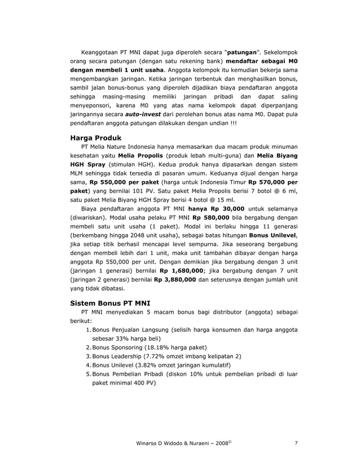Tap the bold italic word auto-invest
click(144, 113)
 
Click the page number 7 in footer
click(297, 443)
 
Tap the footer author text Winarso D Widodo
click(158, 443)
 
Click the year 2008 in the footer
click(218, 443)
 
